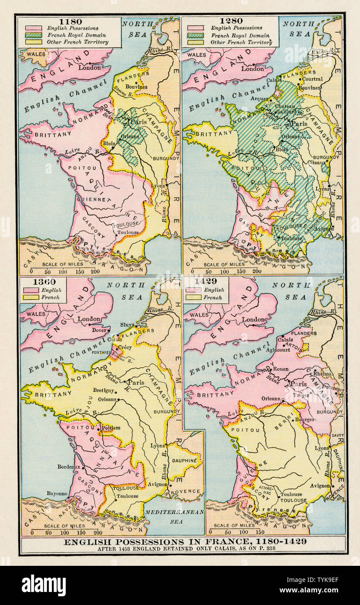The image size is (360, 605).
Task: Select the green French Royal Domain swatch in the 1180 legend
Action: click(34, 35)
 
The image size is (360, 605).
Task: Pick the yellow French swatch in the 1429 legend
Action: click(194, 297)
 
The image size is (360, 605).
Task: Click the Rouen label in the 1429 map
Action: click(281, 369)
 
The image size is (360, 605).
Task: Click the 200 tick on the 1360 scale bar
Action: click(98, 532)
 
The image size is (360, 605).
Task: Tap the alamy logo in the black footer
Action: click(44, 585)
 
